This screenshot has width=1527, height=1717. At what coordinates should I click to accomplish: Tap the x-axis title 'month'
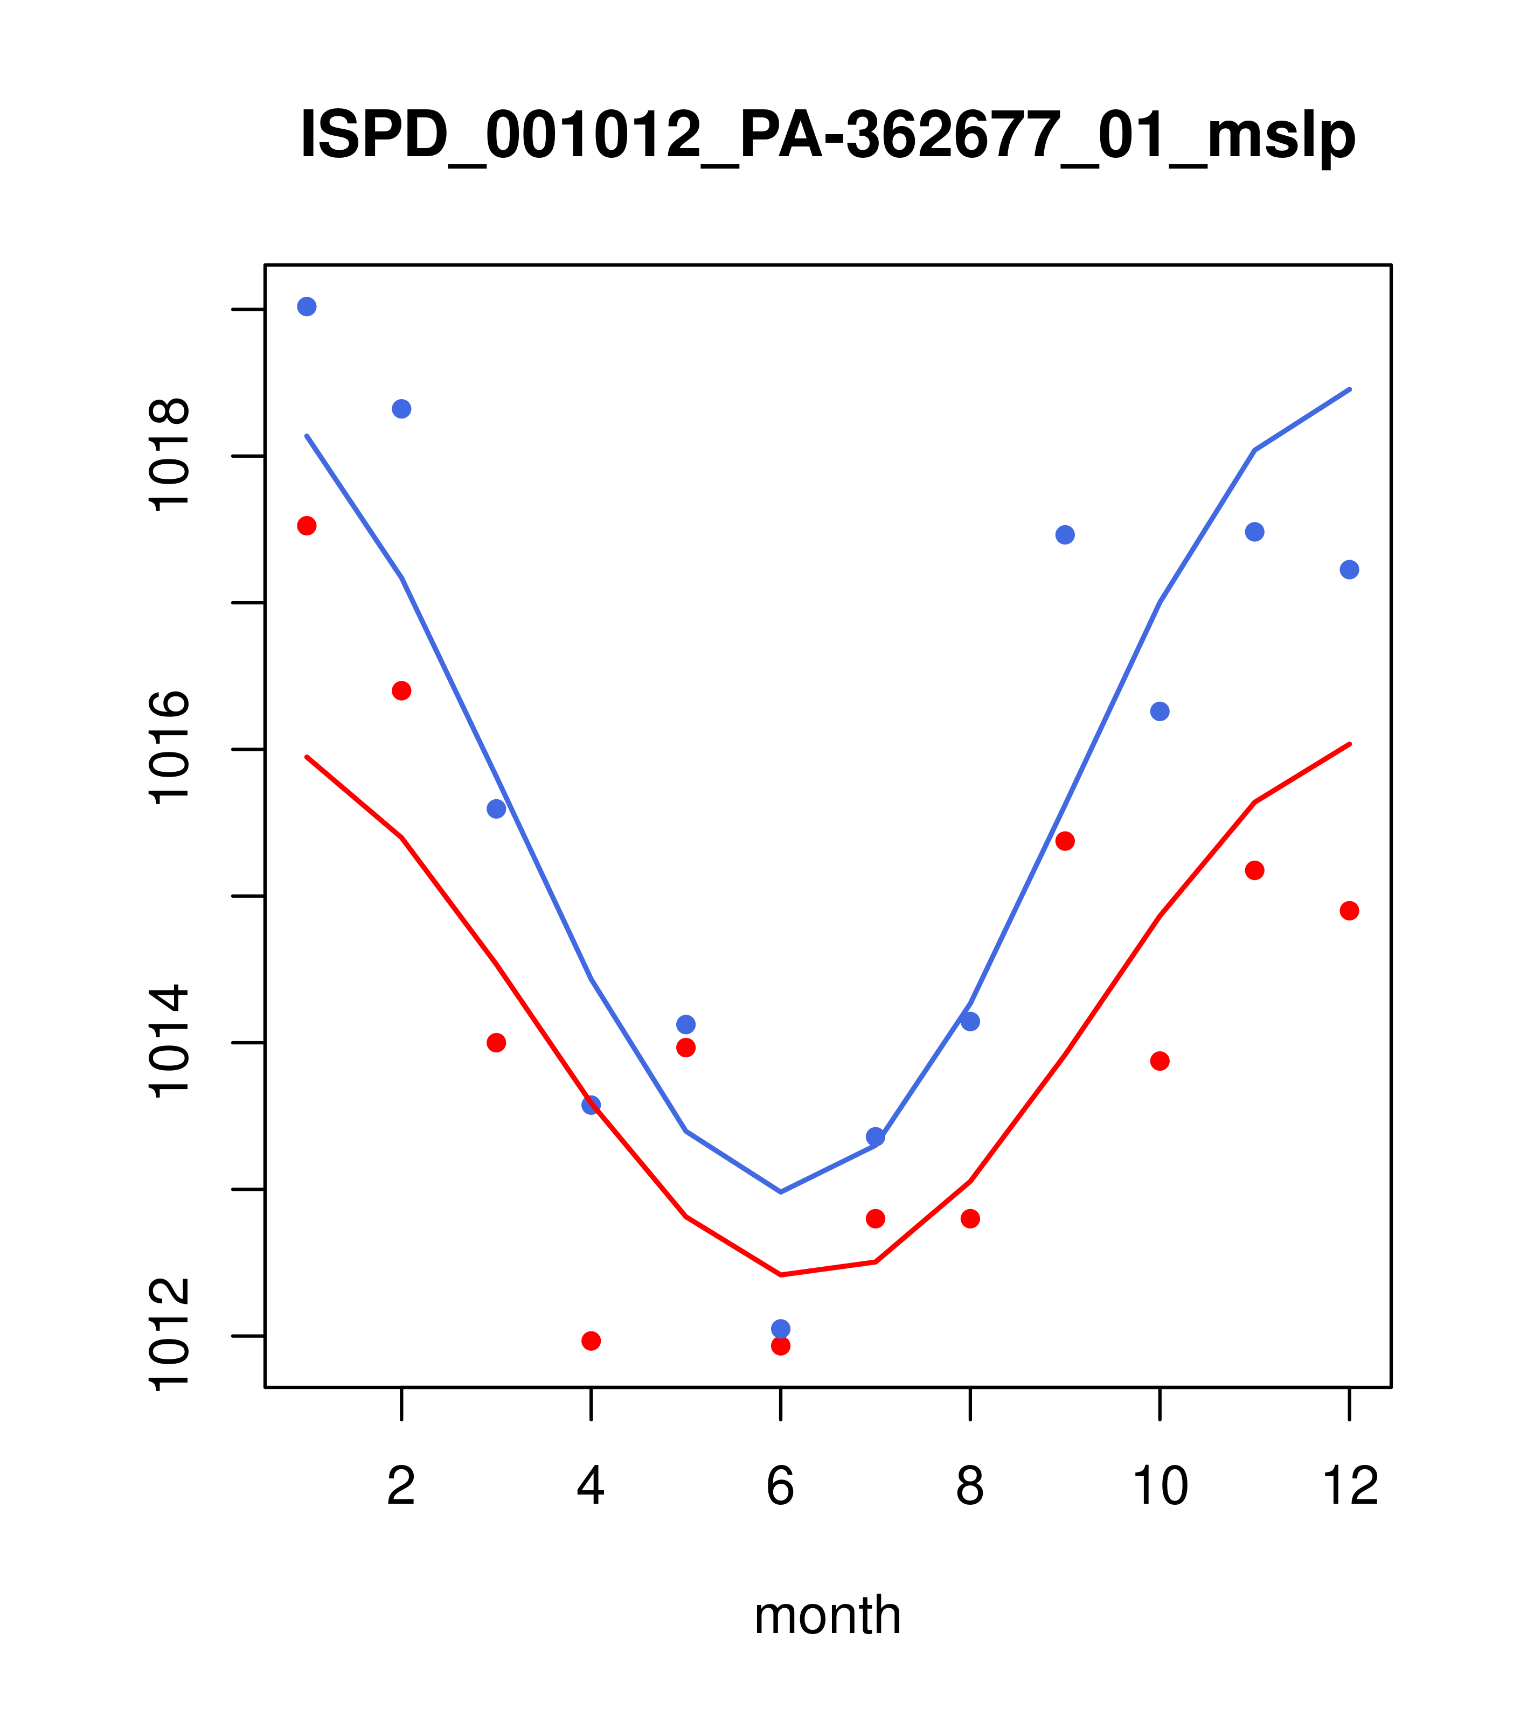(828, 1615)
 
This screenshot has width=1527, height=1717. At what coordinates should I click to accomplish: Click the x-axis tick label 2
(402, 1487)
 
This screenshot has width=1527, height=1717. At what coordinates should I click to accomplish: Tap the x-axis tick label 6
(781, 1487)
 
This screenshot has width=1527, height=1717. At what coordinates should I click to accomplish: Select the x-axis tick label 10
(1160, 1487)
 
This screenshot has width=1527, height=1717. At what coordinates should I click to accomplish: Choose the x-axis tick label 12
(1350, 1487)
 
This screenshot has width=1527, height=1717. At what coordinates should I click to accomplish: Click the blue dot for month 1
(307, 306)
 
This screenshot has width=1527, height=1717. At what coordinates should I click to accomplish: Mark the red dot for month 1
(307, 526)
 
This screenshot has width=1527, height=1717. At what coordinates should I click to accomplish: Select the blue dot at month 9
(1065, 535)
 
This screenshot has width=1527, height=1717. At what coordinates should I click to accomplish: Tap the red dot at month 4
(592, 1341)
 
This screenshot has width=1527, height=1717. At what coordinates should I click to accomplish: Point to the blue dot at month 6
(781, 1328)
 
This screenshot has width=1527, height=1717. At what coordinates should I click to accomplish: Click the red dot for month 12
(1350, 911)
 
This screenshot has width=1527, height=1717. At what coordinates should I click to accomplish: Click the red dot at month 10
(1160, 1061)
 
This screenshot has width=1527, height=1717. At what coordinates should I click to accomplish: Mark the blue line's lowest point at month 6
(781, 1192)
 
